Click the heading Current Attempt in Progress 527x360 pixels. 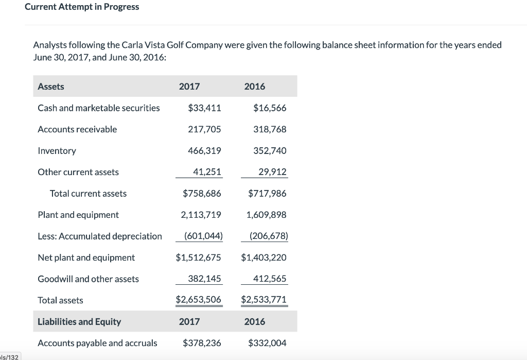tap(82, 7)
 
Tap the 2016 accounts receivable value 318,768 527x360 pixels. tap(270, 129)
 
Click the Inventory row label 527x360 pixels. tap(57, 151)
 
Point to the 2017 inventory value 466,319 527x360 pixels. tap(204, 151)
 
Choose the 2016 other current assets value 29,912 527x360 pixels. tap(272, 172)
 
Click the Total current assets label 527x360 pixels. tap(88, 194)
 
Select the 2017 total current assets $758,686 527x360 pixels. tap(202, 194)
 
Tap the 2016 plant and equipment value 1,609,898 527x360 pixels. tap(266, 215)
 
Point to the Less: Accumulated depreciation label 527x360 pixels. tap(100, 236)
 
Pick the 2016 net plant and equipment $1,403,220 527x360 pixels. tap(263, 258)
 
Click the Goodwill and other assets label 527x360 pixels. tap(88, 279)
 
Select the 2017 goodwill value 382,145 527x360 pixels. tap(204, 279)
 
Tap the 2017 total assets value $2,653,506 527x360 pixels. tap(199, 300)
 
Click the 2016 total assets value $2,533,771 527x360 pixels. tap(263, 300)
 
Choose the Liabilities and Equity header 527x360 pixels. tap(79, 322)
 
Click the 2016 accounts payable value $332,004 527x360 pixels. tap(267, 343)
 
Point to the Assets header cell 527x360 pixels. tap(51, 87)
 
